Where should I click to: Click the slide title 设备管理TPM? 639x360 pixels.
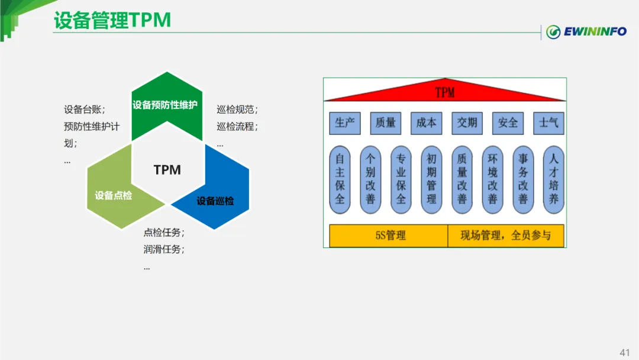[x=112, y=20]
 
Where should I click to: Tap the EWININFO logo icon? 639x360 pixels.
[x=554, y=32]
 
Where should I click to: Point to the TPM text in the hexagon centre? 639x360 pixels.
[x=167, y=170]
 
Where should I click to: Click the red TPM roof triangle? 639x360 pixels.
[x=445, y=92]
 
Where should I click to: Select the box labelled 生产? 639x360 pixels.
[x=345, y=123]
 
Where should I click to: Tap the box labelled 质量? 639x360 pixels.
[x=386, y=123]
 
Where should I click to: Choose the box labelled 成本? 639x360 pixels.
[x=426, y=123]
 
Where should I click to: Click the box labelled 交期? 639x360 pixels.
[x=467, y=123]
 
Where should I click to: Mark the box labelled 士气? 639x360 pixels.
[x=548, y=123]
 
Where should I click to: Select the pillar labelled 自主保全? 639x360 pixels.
[x=340, y=179]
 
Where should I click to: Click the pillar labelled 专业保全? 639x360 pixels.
[x=401, y=179]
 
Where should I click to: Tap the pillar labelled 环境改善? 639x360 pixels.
[x=493, y=179]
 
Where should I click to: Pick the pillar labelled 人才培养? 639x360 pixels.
[x=554, y=179]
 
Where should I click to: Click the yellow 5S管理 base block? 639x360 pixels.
[x=389, y=236]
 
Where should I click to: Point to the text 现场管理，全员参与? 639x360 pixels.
[x=506, y=236]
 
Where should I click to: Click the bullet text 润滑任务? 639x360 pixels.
[x=163, y=249]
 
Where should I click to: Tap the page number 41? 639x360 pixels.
[x=624, y=352]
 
